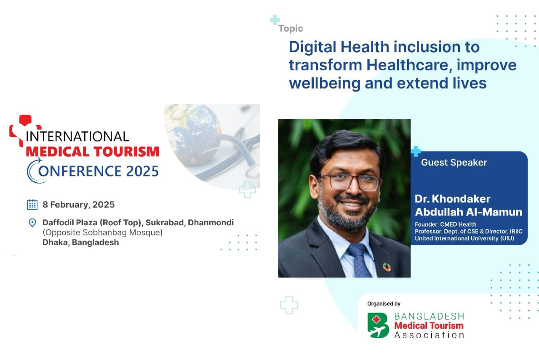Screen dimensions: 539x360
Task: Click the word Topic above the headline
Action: coord(291,29)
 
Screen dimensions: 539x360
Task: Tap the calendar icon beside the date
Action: coord(32,205)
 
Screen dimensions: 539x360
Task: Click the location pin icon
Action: coord(32,223)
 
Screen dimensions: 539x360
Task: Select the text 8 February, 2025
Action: coord(78,205)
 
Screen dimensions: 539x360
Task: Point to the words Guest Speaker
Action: coord(454,163)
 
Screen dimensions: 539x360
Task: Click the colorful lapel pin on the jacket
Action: coord(387,267)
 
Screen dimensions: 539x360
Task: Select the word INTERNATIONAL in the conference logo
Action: coord(77,136)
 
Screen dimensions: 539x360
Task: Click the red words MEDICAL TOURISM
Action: coord(92,152)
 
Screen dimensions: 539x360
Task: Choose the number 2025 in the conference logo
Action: coord(142,171)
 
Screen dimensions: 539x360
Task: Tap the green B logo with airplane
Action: coord(378,325)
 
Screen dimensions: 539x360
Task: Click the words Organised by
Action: coord(384,304)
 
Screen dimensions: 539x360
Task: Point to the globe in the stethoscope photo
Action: coord(192,135)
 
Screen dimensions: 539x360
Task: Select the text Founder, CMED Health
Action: coord(446,224)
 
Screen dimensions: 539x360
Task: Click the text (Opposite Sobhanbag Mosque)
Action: coord(102,232)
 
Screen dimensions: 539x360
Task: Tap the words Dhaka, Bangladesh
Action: coord(80,243)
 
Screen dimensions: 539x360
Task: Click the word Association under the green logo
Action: coord(429,335)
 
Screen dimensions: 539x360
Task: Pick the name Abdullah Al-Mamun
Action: coord(469,212)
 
